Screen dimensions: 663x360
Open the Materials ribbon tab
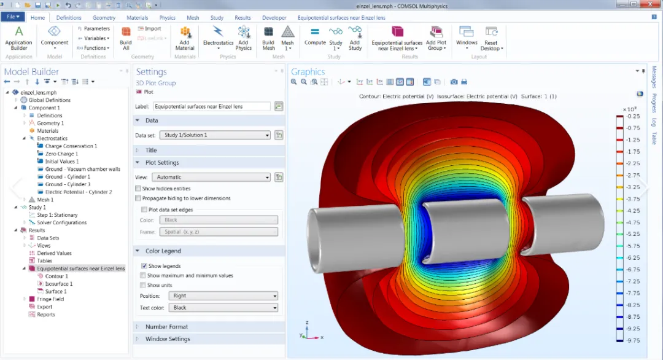138,18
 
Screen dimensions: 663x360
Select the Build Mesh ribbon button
268,39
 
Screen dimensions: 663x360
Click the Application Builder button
18,39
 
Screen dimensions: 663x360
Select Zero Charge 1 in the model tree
61,154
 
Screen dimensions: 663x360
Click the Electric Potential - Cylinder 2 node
74,192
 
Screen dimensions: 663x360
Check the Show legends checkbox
144,266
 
